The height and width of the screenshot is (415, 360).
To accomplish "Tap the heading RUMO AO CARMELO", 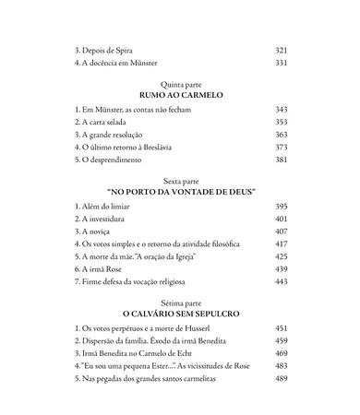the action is tap(179, 95).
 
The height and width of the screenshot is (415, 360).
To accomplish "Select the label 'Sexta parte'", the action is tap(179, 183).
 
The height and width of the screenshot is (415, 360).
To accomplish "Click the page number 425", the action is tap(282, 255).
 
